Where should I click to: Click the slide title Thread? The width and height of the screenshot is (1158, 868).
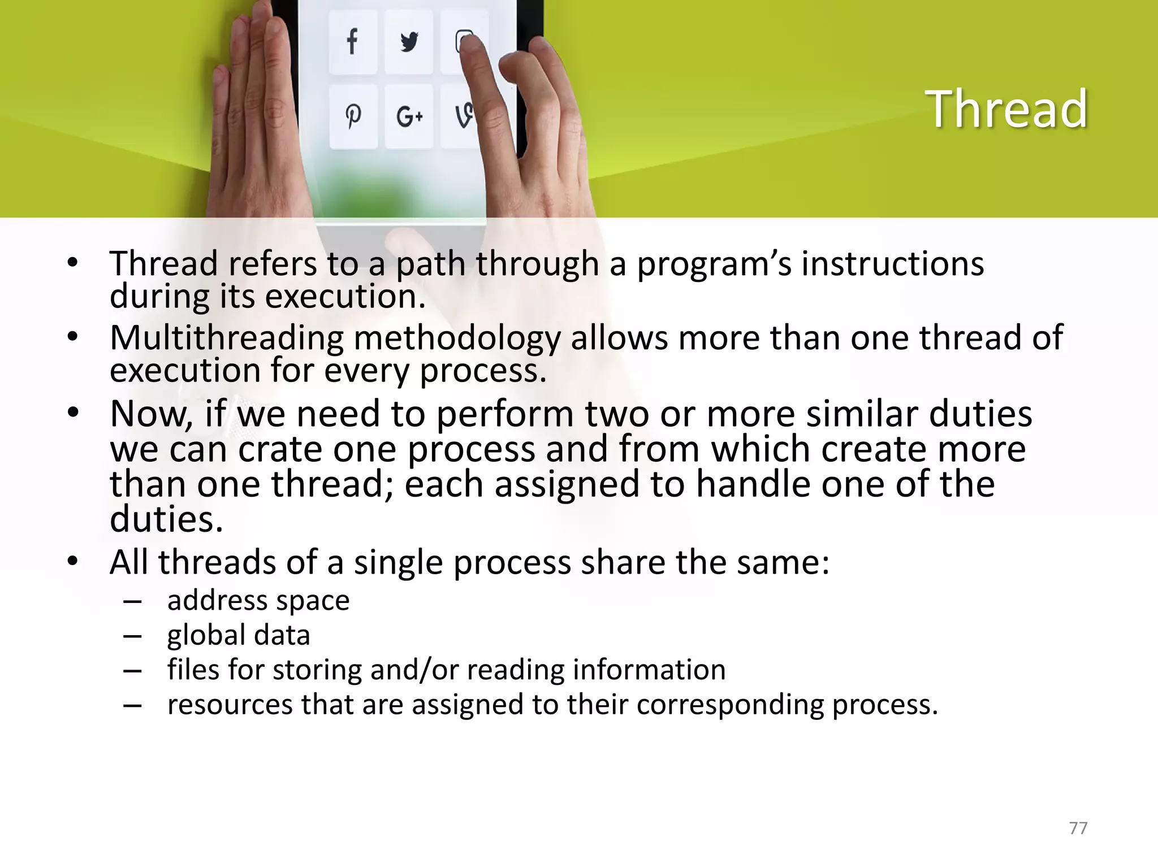[1006, 109]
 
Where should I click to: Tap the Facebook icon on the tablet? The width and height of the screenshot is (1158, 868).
[352, 42]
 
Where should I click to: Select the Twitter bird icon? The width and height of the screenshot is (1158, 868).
[409, 42]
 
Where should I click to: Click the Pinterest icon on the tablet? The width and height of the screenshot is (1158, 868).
[353, 116]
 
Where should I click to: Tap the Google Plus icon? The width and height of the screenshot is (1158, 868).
[409, 117]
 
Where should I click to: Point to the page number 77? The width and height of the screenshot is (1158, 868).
[1078, 828]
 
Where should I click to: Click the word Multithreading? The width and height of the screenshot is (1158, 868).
[226, 338]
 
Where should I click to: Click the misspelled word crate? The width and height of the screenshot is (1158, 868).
[279, 449]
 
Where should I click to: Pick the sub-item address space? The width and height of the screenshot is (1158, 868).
[258, 600]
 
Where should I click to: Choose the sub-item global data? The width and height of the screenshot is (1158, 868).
[239, 635]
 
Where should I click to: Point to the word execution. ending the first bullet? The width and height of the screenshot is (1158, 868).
[345, 296]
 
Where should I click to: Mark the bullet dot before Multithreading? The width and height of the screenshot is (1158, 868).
[72, 337]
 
